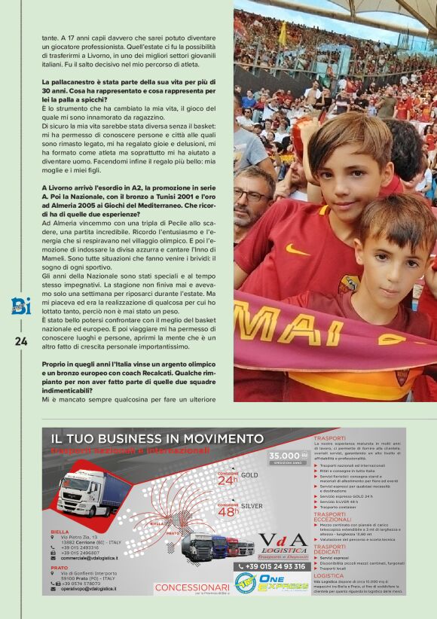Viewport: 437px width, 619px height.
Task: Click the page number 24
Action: [x=20, y=340]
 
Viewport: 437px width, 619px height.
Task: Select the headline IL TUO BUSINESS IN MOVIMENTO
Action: [x=157, y=438]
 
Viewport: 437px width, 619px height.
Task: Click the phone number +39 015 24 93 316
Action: [x=276, y=566]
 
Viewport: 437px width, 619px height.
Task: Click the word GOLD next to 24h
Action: [x=249, y=475]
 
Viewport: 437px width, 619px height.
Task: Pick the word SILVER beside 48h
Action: [x=252, y=506]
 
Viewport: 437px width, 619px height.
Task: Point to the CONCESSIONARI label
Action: [x=192, y=587]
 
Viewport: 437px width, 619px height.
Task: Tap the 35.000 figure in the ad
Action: [x=284, y=456]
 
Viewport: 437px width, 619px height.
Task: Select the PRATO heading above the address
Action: [x=59, y=568]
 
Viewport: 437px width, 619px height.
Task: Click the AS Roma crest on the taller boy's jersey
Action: [x=348, y=284]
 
